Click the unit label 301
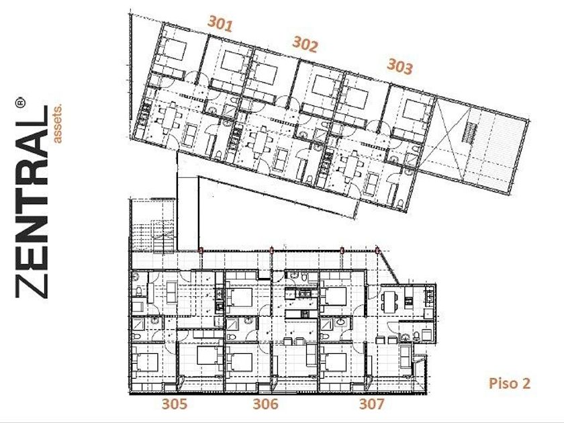[220, 23]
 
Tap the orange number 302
[305, 44]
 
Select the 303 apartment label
[399, 66]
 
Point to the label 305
[175, 404]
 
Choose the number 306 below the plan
[265, 404]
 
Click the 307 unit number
[371, 404]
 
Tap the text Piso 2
[510, 383]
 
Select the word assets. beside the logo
[58, 124]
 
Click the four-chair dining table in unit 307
[389, 301]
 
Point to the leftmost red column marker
[201, 250]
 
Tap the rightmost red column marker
[377, 250]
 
